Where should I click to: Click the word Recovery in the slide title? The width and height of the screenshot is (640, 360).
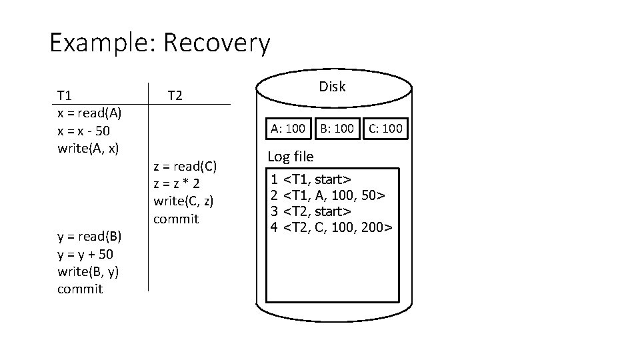click(217, 44)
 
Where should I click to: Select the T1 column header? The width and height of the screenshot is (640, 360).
click(65, 95)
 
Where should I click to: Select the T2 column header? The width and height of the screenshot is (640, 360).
click(175, 95)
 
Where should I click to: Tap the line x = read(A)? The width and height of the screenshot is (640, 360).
click(89, 113)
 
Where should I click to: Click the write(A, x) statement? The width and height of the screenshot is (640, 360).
click(88, 147)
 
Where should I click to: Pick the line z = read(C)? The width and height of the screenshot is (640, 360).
click(185, 166)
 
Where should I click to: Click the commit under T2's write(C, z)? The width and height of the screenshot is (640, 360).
click(175, 219)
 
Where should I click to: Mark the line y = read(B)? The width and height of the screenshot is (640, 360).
click(89, 236)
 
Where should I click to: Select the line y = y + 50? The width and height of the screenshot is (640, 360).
click(85, 254)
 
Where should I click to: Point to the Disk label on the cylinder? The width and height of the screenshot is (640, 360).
click(332, 87)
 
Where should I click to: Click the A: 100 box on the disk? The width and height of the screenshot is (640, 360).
click(287, 128)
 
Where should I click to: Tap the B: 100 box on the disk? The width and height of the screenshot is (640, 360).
click(336, 128)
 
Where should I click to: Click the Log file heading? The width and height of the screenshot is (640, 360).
click(291, 157)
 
